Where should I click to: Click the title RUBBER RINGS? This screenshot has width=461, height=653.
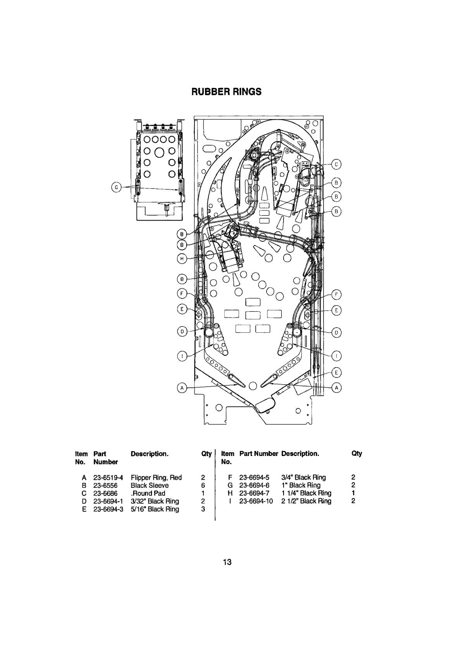coord(226,92)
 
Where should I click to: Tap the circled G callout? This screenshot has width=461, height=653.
coord(116,187)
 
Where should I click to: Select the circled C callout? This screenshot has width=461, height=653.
coord(336,164)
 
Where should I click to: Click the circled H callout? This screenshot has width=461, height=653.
coord(182,259)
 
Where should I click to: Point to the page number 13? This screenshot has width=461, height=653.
coord(227,562)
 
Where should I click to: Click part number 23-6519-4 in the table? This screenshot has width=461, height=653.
coord(108,477)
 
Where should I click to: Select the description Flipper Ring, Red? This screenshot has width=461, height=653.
coord(156,477)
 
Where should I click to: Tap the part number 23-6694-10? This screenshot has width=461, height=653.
coord(256,501)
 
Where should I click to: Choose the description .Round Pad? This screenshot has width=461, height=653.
coord(148,493)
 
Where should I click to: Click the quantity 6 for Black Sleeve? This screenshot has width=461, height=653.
coord(203,485)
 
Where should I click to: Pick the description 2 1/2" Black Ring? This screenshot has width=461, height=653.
coord(306,501)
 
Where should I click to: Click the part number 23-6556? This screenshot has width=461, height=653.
coord(105,485)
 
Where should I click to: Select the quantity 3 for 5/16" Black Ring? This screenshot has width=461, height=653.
coord(203,509)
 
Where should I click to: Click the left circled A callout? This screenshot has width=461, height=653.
coord(182,388)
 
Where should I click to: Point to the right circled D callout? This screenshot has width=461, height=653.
coord(336,333)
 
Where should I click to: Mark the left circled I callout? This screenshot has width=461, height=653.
coord(182,356)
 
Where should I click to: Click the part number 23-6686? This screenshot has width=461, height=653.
coord(105,493)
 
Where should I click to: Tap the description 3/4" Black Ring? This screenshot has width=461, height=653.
coord(303,477)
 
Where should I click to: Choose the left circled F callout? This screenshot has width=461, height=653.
coord(182,294)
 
